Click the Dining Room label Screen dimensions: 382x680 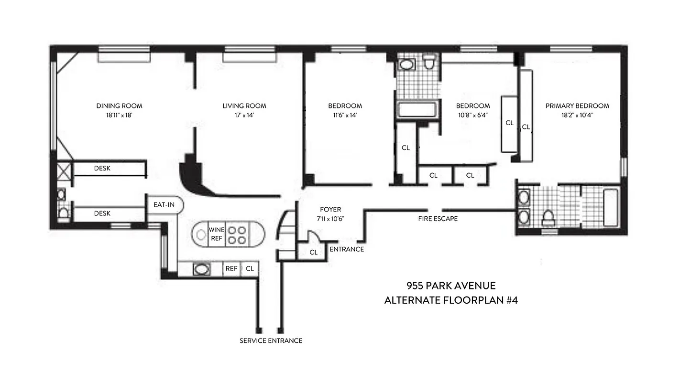(x=119, y=106)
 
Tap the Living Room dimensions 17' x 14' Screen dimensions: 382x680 (x=244, y=115)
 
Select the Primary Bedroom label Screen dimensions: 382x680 (x=577, y=106)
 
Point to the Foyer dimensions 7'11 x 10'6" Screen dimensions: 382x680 (x=330, y=218)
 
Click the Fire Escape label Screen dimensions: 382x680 (x=438, y=219)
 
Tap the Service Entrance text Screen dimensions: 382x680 (x=271, y=340)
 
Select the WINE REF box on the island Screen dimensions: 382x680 (x=216, y=234)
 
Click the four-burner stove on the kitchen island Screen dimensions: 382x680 (x=236, y=234)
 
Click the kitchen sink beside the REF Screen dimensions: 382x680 (x=201, y=269)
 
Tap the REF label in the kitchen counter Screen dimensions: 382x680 (x=231, y=269)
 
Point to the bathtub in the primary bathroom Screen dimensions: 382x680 (x=611, y=208)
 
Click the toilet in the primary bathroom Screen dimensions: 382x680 (x=548, y=218)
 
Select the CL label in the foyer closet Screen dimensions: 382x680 (x=313, y=252)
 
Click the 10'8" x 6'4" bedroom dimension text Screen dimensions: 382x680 (x=472, y=115)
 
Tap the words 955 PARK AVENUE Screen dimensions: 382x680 (x=450, y=286)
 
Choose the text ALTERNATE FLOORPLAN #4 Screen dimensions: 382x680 (x=450, y=300)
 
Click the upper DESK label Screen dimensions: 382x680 (x=102, y=168)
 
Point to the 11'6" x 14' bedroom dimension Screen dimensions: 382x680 (x=344, y=115)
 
